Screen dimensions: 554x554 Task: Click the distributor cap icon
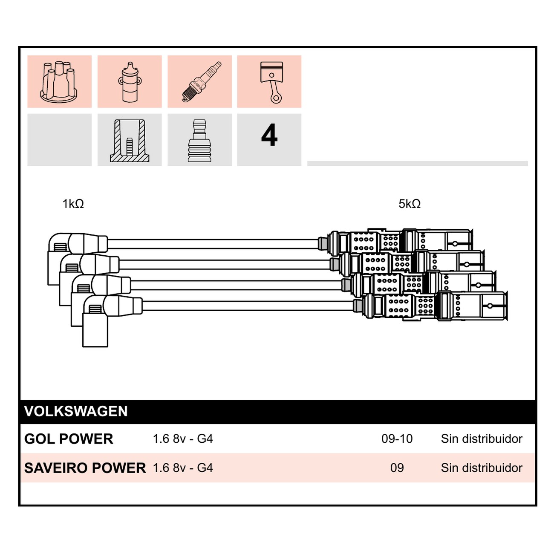click(59, 81)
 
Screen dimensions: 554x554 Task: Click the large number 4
click(269, 135)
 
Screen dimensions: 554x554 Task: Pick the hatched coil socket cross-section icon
click(130, 141)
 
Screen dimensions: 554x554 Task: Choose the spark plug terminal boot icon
click(199, 141)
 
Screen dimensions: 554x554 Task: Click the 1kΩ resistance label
click(73, 204)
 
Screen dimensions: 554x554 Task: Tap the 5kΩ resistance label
click(410, 204)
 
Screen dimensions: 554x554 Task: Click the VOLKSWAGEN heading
click(76, 411)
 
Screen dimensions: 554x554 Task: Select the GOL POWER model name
click(69, 439)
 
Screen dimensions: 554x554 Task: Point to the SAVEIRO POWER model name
click(85, 468)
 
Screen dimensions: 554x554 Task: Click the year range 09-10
click(397, 439)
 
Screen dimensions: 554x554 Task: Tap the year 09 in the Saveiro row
click(397, 468)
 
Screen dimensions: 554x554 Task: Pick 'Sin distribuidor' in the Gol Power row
click(482, 439)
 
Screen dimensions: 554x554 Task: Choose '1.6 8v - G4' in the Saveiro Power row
click(183, 468)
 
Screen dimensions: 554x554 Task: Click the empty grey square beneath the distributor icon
click(60, 140)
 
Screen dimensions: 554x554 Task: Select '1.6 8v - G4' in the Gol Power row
click(183, 439)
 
